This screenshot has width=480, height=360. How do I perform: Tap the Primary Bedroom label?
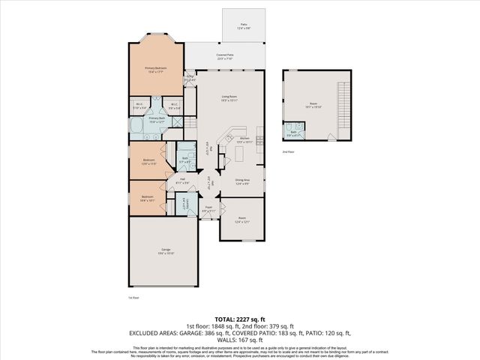tap(155, 68)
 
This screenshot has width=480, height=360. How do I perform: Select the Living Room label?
tap(229, 97)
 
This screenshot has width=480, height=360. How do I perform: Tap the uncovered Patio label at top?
tap(244, 25)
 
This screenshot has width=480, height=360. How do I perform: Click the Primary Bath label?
tap(157, 120)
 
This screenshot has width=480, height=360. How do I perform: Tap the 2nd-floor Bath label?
tap(295, 133)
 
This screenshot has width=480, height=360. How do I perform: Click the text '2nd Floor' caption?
tap(289, 151)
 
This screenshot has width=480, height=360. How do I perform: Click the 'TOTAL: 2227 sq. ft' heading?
tap(240, 319)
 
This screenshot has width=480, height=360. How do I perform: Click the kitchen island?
tap(241, 154)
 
